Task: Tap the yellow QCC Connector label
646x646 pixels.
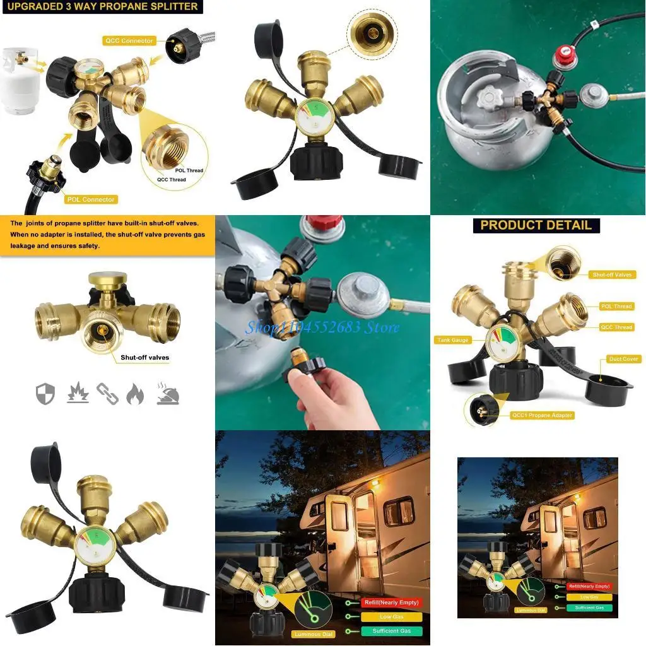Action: point(129,40)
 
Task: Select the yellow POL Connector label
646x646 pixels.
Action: point(91,199)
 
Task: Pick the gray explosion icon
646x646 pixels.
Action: point(78,394)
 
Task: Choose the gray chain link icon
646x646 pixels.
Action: point(107,394)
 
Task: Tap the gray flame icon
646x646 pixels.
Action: point(135,394)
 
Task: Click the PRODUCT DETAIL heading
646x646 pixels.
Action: point(536,225)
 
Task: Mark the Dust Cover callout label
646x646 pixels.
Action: point(623,359)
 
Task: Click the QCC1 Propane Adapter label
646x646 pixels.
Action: point(542,415)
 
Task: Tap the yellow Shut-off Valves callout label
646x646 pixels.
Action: point(612,275)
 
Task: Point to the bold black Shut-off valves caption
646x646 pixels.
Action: point(144,357)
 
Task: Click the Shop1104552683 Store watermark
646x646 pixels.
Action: point(322,327)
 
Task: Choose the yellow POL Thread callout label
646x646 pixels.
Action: point(616,307)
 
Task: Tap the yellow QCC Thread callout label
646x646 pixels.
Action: point(616,327)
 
